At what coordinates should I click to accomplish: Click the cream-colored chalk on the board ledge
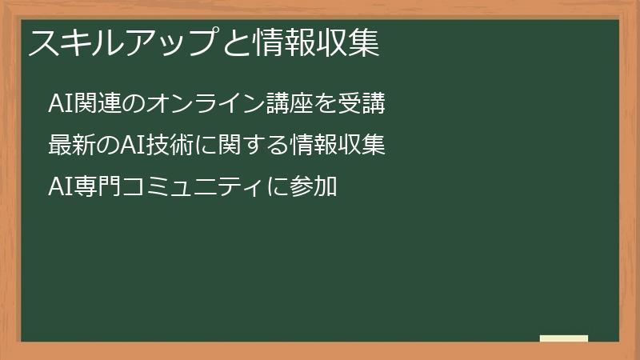(x=564, y=338)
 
